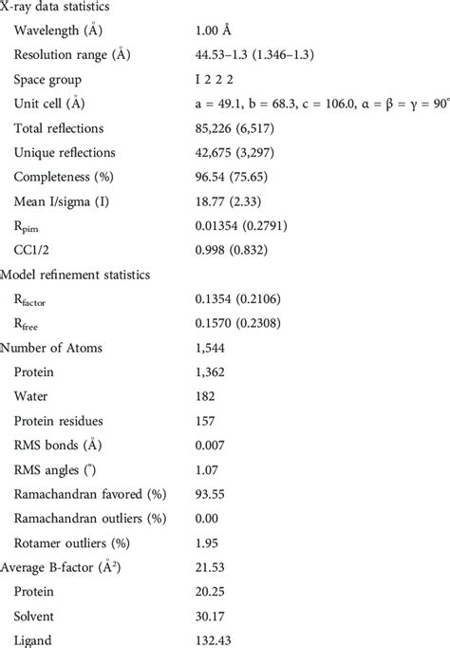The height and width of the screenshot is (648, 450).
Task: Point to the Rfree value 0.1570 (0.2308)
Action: pyautogui.click(x=246, y=323)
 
